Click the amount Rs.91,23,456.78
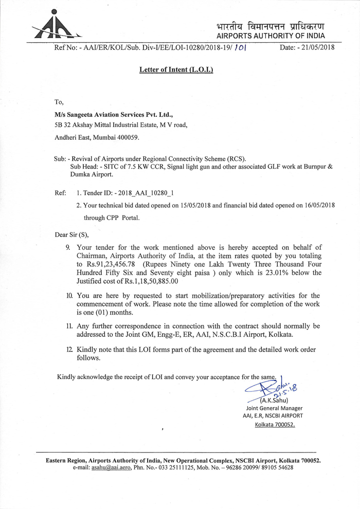tap(109, 264)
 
